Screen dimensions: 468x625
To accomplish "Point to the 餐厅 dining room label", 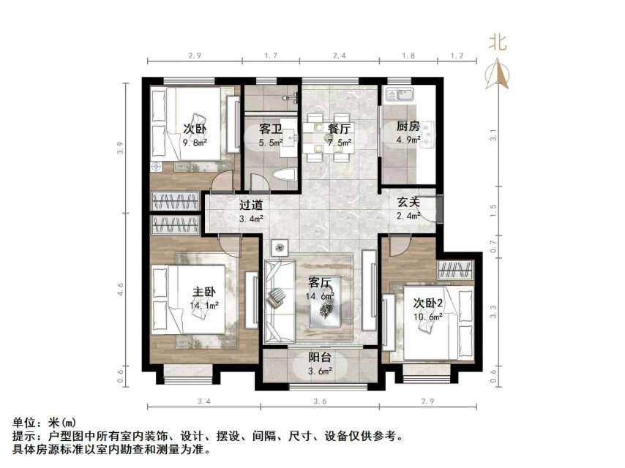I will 339,128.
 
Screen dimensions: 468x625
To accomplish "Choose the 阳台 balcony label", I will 320,358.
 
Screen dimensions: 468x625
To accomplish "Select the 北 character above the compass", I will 498,43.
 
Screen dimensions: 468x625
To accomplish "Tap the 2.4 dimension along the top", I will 339,54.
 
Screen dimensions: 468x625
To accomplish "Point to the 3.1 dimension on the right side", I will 494,136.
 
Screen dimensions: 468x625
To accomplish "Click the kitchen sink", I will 400,94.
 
